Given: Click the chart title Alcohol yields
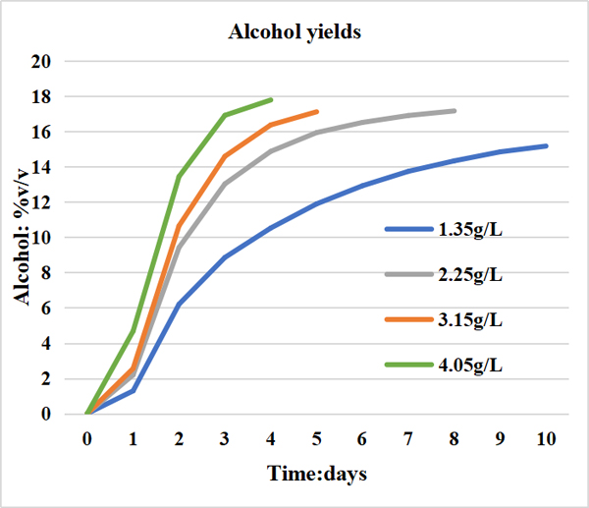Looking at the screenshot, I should [x=294, y=32].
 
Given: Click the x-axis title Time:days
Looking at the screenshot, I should [x=316, y=475].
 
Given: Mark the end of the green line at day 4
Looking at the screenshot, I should [x=271, y=99].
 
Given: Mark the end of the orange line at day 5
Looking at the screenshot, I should [x=317, y=111].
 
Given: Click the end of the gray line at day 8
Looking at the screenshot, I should [x=455, y=110].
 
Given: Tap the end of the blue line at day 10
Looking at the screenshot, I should [x=546, y=145].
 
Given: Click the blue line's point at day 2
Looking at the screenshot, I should [x=179, y=305].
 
